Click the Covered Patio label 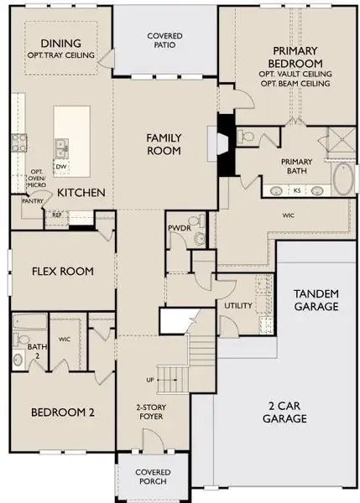tap(164, 40)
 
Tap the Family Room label tap(164, 144)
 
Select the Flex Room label tap(63, 272)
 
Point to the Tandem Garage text tap(316, 300)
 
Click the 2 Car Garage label tap(284, 412)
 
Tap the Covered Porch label tap(153, 477)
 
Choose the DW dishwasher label tap(60, 167)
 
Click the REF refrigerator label tap(56, 215)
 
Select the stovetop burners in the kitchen tap(19, 143)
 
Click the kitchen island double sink tap(61, 149)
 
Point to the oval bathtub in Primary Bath tap(343, 179)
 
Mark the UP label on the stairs tap(150, 380)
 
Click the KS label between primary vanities tap(297, 190)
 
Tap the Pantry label tap(33, 201)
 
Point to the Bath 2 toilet tap(21, 339)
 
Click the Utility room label tap(238, 306)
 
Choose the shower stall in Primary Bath tap(342, 139)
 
